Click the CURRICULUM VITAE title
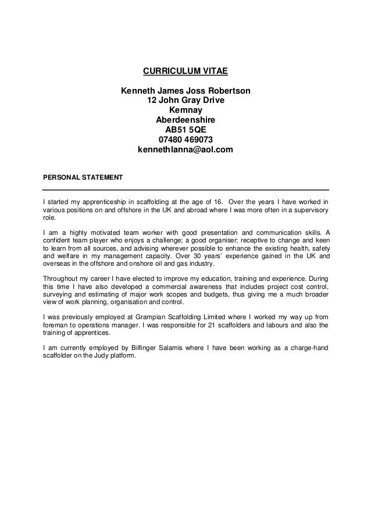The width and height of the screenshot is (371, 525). pos(185,72)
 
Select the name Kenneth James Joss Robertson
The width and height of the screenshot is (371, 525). pos(185,91)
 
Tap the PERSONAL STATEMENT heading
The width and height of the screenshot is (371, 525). pos(83,176)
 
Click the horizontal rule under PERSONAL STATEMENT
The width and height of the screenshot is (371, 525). pos(186,190)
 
